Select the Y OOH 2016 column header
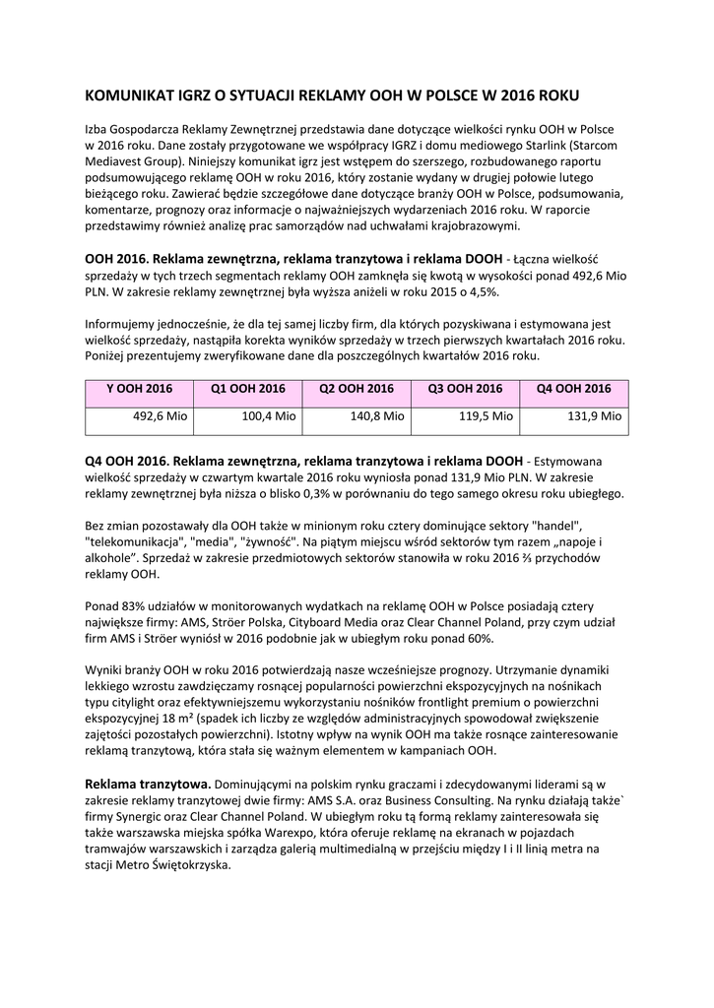coord(139,389)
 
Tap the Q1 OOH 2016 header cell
coord(248,389)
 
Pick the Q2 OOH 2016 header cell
coord(357,389)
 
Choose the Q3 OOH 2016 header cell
coord(465,389)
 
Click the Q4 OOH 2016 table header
coord(574,389)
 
